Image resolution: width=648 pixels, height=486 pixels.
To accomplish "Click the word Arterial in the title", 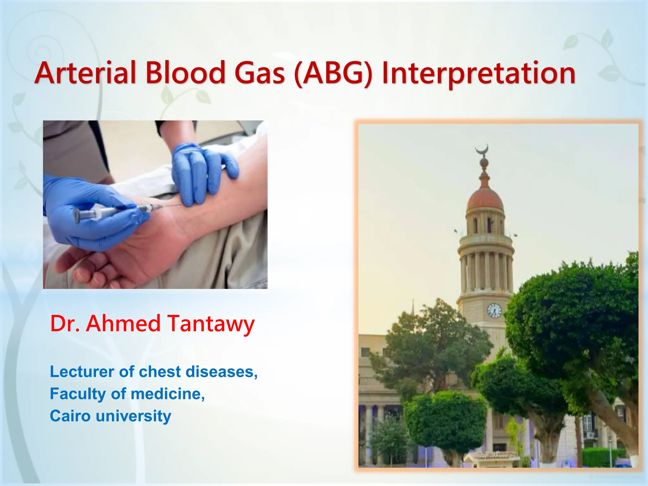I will (85, 73).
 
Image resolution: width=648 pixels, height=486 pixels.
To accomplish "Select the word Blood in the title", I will (185, 73).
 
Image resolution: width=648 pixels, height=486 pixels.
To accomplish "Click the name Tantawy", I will (211, 324).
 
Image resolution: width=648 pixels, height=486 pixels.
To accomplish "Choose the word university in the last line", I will (133, 416).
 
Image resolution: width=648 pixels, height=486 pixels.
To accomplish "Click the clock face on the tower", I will (494, 310).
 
